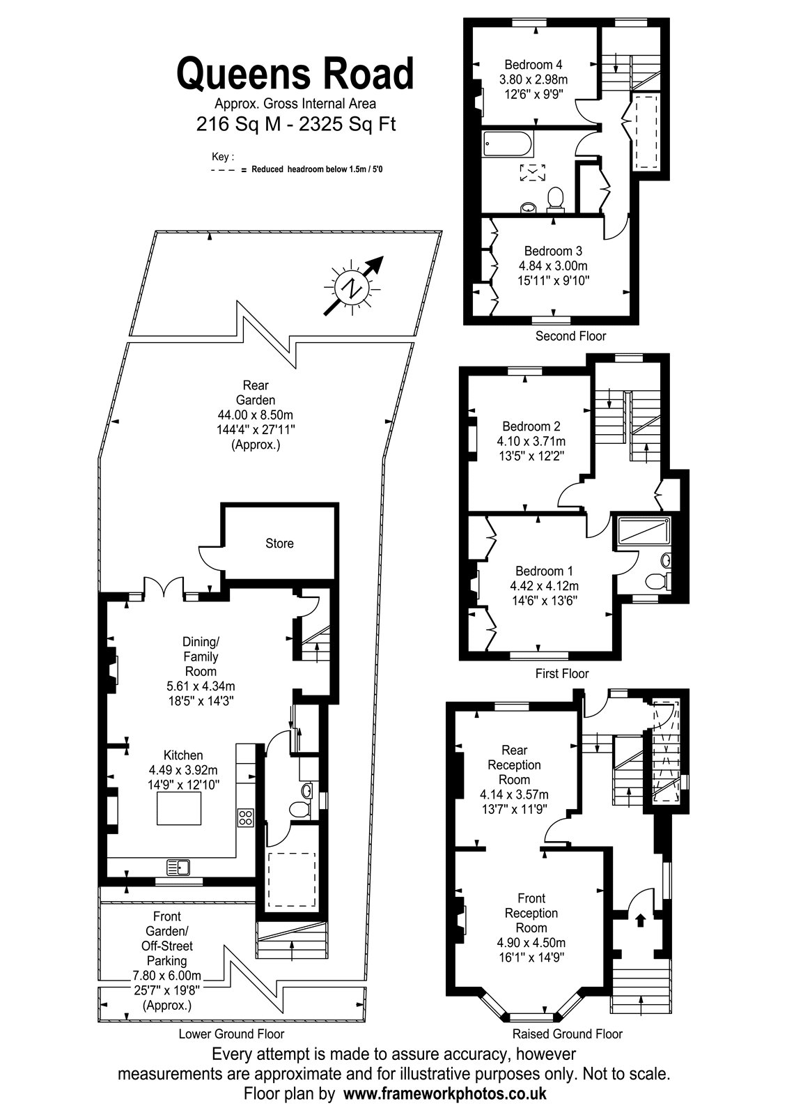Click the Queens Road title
click(x=295, y=72)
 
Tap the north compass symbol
click(x=353, y=286)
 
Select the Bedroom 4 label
click(x=533, y=65)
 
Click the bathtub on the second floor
click(x=508, y=144)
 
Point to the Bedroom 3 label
click(x=553, y=252)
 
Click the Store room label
click(x=279, y=543)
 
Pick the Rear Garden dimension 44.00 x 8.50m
click(x=255, y=415)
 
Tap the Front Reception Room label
click(x=531, y=913)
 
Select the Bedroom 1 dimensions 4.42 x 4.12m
click(x=544, y=586)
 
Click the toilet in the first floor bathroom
click(x=657, y=580)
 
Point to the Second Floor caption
click(x=570, y=336)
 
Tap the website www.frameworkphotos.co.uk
click(x=445, y=1093)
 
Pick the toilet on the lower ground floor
click(x=299, y=810)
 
